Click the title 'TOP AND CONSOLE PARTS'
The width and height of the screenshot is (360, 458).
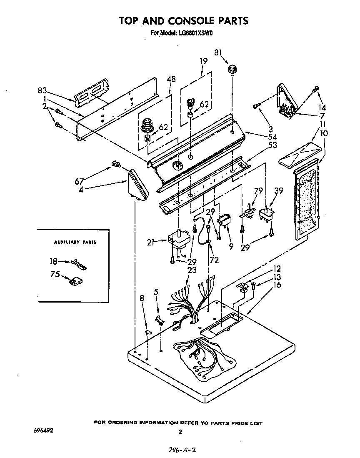[183, 20]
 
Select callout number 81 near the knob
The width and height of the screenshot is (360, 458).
[218, 53]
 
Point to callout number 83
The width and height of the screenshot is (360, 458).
[42, 90]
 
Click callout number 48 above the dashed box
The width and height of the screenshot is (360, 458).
[171, 79]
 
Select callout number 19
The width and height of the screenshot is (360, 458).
[203, 61]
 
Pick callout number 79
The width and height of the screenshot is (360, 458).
[258, 191]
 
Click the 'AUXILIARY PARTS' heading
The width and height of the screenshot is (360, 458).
[75, 242]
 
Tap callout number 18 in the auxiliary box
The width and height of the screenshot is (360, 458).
[53, 262]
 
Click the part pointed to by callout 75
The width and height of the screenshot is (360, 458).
[75, 282]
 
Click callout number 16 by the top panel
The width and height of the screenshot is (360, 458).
[277, 285]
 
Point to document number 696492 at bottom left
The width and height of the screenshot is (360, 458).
[42, 429]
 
